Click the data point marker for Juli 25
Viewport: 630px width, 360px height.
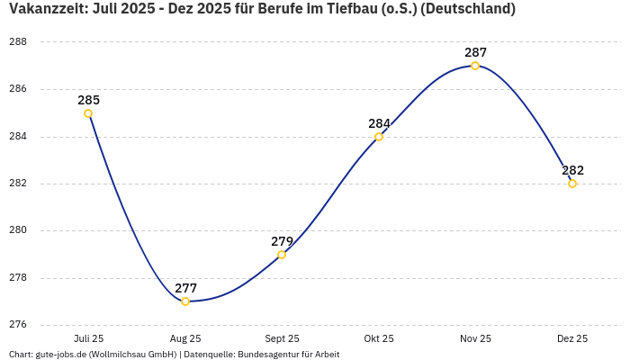88,113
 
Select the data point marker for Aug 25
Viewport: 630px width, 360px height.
185,301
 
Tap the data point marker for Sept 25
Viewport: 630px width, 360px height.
282,255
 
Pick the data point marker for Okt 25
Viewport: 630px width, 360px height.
379,137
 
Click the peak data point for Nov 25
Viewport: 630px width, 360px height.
475,66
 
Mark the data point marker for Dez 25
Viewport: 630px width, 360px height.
572,184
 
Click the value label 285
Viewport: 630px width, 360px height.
88,100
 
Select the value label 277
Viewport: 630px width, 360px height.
185,288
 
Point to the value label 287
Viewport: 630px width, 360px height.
475,52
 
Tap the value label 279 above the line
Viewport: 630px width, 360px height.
282,241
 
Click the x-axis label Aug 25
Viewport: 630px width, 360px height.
185,338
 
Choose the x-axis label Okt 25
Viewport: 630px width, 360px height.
379,338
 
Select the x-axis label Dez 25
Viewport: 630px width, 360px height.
572,338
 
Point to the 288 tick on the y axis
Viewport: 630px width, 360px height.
18,42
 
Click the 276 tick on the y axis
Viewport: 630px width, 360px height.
18,325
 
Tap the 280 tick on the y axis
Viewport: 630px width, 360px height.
18,230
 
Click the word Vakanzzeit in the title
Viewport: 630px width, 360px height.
45,10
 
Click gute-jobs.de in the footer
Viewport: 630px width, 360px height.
60,355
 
